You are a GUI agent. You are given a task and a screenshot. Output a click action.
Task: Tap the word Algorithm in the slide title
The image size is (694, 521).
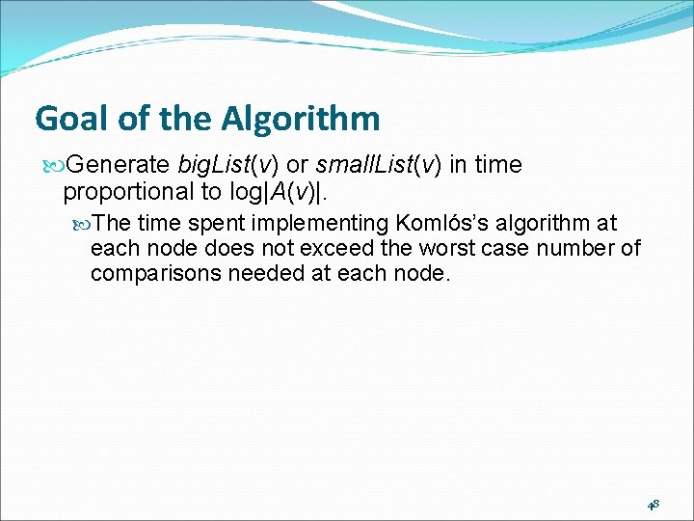[300, 119]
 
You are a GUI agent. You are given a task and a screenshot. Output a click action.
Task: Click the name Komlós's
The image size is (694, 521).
[441, 224]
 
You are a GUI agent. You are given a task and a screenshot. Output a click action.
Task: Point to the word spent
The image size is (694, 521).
[227, 224]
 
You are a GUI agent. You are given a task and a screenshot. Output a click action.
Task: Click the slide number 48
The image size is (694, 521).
[653, 504]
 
